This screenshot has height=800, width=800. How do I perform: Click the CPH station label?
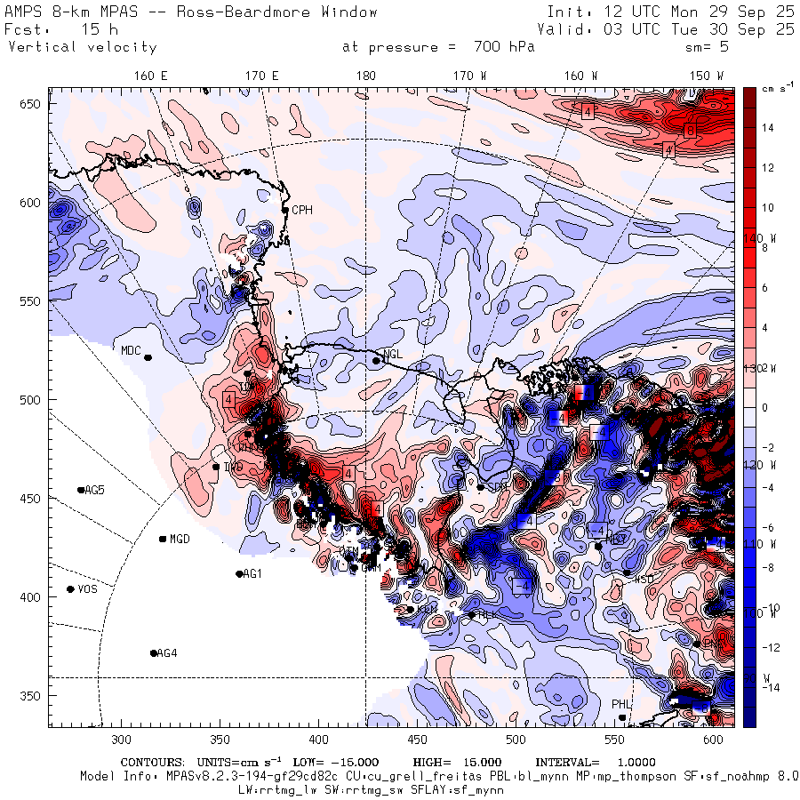point(303,210)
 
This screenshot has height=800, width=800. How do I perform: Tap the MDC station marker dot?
point(148,357)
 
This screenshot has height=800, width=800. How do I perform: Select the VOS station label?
point(87,589)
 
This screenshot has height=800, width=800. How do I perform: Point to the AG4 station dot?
point(154,653)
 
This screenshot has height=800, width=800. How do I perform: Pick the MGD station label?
point(180,539)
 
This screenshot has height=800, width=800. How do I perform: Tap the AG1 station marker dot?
point(239,574)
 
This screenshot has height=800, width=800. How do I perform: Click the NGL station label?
point(393,355)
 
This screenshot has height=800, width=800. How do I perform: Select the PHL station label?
point(620,704)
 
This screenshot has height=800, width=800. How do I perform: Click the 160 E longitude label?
point(151,76)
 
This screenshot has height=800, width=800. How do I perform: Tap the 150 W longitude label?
point(708,76)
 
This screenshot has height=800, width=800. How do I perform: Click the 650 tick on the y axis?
point(34,105)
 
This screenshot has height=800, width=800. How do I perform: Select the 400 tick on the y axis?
point(34,596)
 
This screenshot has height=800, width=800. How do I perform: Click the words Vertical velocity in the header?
point(82,47)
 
